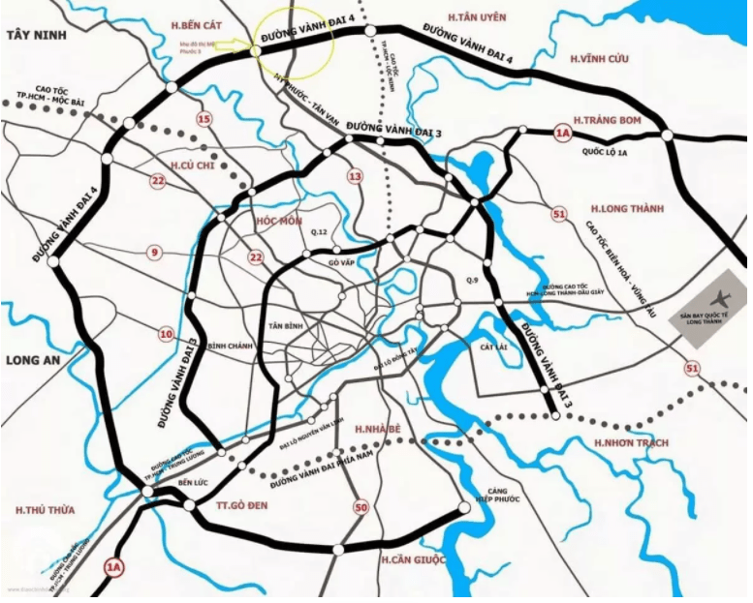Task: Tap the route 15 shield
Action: tap(204, 119)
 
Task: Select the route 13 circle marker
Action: tap(355, 176)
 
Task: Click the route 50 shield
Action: tap(361, 507)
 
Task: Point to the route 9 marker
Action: tap(153, 253)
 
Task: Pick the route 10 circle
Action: tap(166, 334)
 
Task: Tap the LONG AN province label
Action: tap(33, 360)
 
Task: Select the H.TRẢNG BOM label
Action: tap(609, 119)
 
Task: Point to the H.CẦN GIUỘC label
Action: tap(414, 560)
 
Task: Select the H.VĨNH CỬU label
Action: tap(600, 59)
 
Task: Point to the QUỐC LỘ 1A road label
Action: tap(605, 152)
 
